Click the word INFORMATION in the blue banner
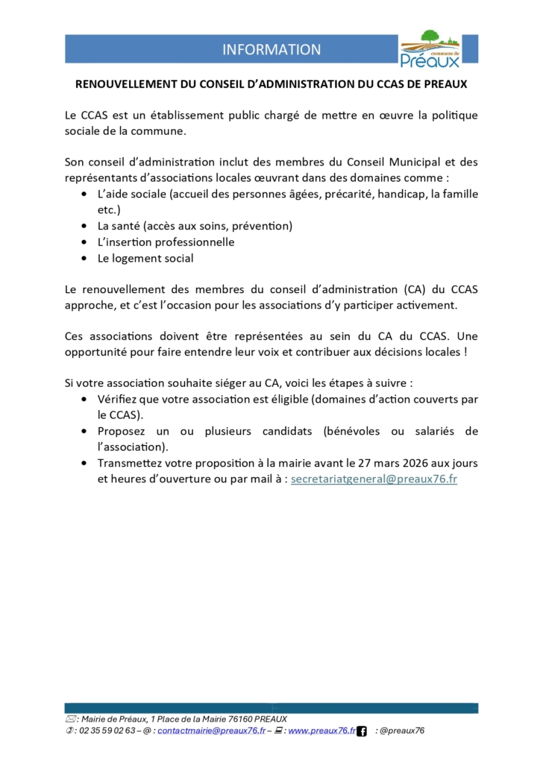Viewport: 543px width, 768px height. [x=271, y=50]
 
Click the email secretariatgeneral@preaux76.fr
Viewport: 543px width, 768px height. [x=374, y=479]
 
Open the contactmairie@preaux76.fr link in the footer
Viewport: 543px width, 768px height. [x=212, y=731]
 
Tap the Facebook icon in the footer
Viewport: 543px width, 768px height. [x=362, y=731]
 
